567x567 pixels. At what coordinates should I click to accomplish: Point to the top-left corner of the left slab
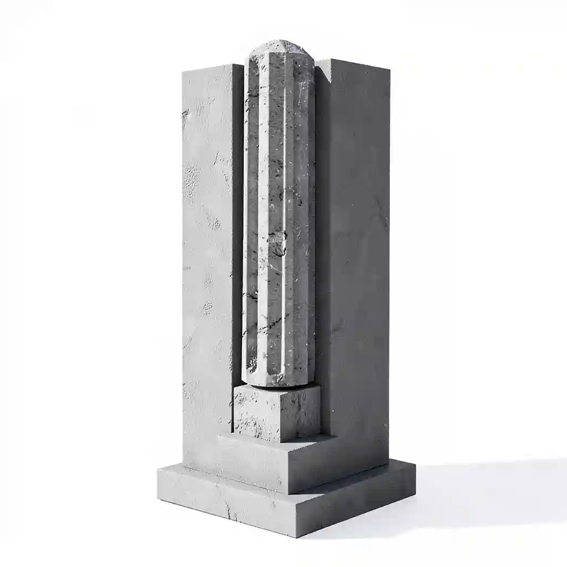click(x=183, y=70)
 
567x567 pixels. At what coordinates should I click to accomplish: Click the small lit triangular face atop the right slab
click(x=323, y=63)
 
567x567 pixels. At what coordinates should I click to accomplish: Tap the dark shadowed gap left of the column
click(x=237, y=221)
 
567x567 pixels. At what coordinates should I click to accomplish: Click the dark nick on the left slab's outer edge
click(x=184, y=114)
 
